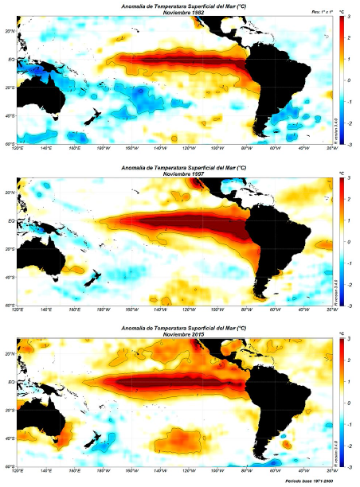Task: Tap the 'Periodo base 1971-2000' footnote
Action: (x=307, y=481)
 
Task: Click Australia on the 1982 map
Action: (x=41, y=94)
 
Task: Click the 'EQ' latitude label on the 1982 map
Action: (x=11, y=59)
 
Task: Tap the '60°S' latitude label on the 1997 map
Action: (x=10, y=305)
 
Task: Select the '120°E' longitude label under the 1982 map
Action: (x=18, y=148)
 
